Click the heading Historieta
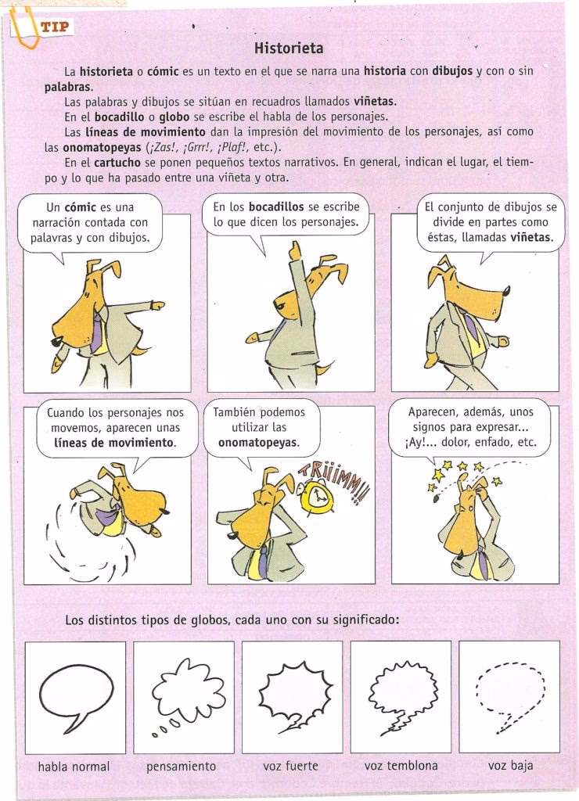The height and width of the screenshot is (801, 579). point(289,48)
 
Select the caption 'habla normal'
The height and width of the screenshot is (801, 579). point(74,766)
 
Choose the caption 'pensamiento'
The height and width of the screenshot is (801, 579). point(181,766)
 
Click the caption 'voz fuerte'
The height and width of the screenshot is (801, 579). point(290,766)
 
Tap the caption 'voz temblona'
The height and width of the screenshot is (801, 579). point(401,765)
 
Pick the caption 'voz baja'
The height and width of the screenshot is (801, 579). point(510,766)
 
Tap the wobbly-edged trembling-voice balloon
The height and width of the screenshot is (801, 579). point(401,690)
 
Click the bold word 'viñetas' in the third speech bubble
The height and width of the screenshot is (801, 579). point(531,236)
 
